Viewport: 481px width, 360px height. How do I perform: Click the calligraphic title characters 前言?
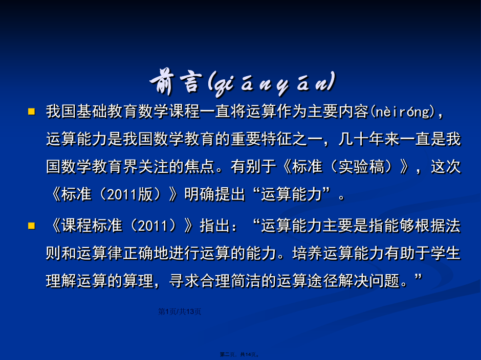pos(176,83)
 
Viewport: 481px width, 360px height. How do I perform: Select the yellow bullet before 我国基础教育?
pos(31,111)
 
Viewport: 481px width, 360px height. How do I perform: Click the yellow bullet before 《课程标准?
pos(31,226)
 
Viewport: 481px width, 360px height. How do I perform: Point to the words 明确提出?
pos(215,194)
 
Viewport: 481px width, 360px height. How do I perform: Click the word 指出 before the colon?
pos(215,226)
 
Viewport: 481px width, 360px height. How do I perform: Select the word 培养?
pos(308,253)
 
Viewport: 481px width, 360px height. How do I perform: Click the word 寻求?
pos(184,281)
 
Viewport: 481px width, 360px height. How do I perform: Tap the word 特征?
pos(277,139)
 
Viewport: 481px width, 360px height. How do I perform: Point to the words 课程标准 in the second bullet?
pos(92,226)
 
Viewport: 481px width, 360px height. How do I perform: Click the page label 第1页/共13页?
pos(180,311)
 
